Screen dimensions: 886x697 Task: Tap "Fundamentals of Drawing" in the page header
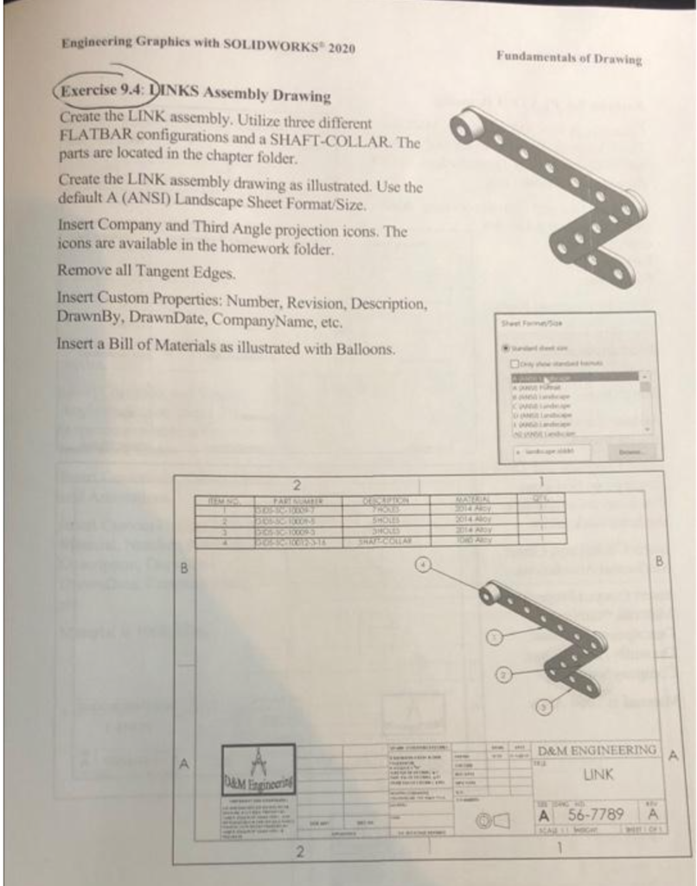tap(568, 59)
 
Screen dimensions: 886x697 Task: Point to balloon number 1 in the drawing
tap(494, 638)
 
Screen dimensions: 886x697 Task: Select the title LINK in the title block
tap(598, 774)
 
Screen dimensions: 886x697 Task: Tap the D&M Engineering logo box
tap(257, 769)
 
